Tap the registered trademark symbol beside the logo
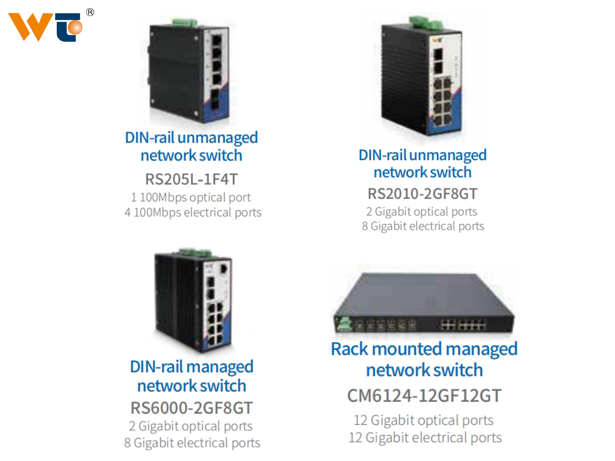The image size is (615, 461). [90, 12]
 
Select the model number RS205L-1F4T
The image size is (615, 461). [191, 179]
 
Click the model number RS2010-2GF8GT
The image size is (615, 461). [422, 193]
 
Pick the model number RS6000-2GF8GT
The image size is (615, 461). [191, 408]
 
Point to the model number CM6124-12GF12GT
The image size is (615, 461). [424, 396]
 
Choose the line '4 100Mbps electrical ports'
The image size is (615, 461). [193, 212]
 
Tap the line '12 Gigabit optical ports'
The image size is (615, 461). [424, 420]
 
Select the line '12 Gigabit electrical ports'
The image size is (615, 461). [425, 438]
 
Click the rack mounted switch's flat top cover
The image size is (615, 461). [423, 294]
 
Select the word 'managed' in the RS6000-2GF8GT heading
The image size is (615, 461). [220, 367]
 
